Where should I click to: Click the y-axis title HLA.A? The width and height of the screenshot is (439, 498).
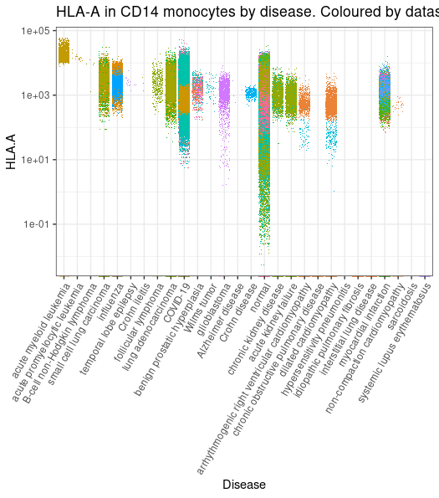pyautogui.click(x=12, y=152)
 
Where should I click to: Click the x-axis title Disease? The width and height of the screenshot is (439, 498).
pyautogui.click(x=243, y=484)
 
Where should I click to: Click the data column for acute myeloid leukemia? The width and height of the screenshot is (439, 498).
pyautogui.click(x=64, y=51)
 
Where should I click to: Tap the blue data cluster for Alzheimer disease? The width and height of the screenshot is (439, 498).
pyautogui.click(x=251, y=94)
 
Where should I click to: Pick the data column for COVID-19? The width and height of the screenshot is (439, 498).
pyautogui.click(x=184, y=92)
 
